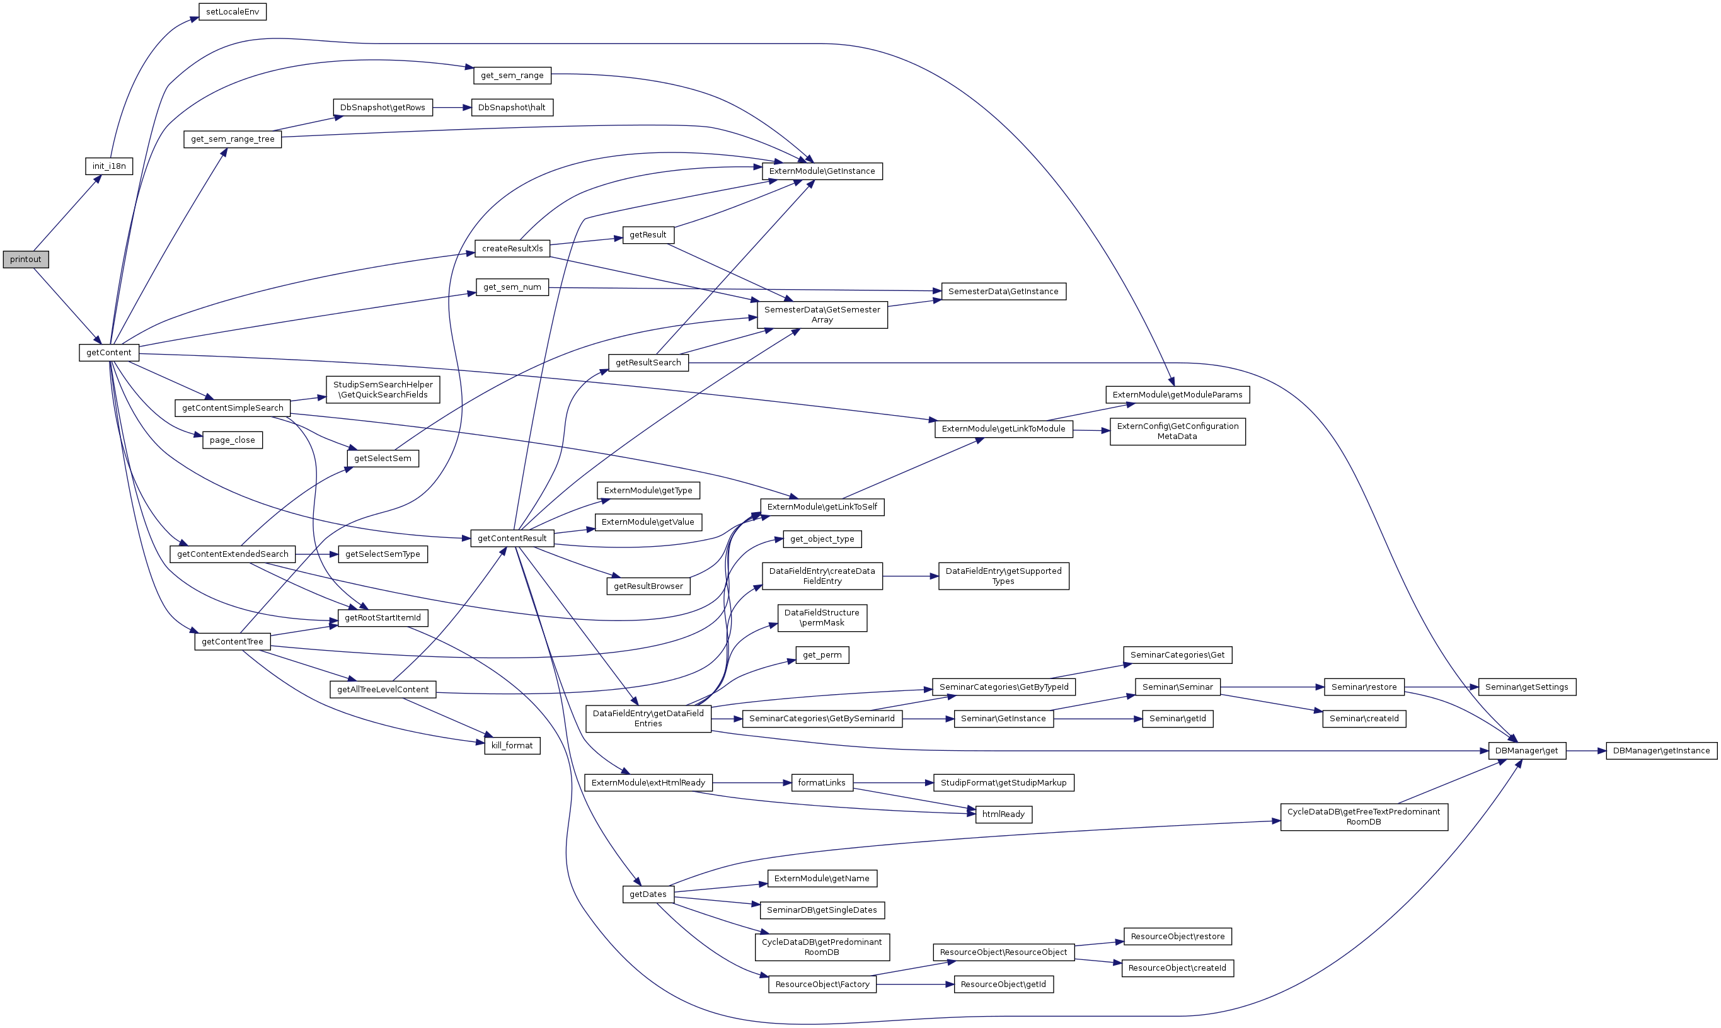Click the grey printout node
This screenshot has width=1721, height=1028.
pyautogui.click(x=26, y=259)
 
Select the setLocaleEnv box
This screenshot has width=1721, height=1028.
pyautogui.click(x=232, y=12)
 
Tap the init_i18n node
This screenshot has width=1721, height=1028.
pyautogui.click(x=109, y=166)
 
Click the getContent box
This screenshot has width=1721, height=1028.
pyautogui.click(x=109, y=353)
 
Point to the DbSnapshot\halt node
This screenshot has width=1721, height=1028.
pyautogui.click(x=512, y=107)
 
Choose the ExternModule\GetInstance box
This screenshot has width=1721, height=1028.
pyautogui.click(x=822, y=171)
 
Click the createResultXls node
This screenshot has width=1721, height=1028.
pyautogui.click(x=512, y=249)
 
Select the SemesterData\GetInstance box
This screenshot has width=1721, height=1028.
pyautogui.click(x=1003, y=292)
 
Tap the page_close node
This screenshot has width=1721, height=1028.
pyautogui.click(x=232, y=440)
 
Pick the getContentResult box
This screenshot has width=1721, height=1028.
pyautogui.click(x=512, y=538)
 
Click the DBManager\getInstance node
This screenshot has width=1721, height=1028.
pyautogui.click(x=1661, y=751)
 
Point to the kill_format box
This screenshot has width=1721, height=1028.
pyautogui.click(x=512, y=745)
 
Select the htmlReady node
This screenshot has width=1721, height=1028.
pyautogui.click(x=1003, y=814)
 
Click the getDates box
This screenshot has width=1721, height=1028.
pyautogui.click(x=648, y=894)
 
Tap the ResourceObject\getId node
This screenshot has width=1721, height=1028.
pyautogui.click(x=1003, y=985)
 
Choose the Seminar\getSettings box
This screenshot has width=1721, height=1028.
pyautogui.click(x=1526, y=687)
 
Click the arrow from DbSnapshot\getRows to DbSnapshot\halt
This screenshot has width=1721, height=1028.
pyautogui.click(x=452, y=107)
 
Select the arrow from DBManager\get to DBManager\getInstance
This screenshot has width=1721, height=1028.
pyautogui.click(x=1586, y=751)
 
